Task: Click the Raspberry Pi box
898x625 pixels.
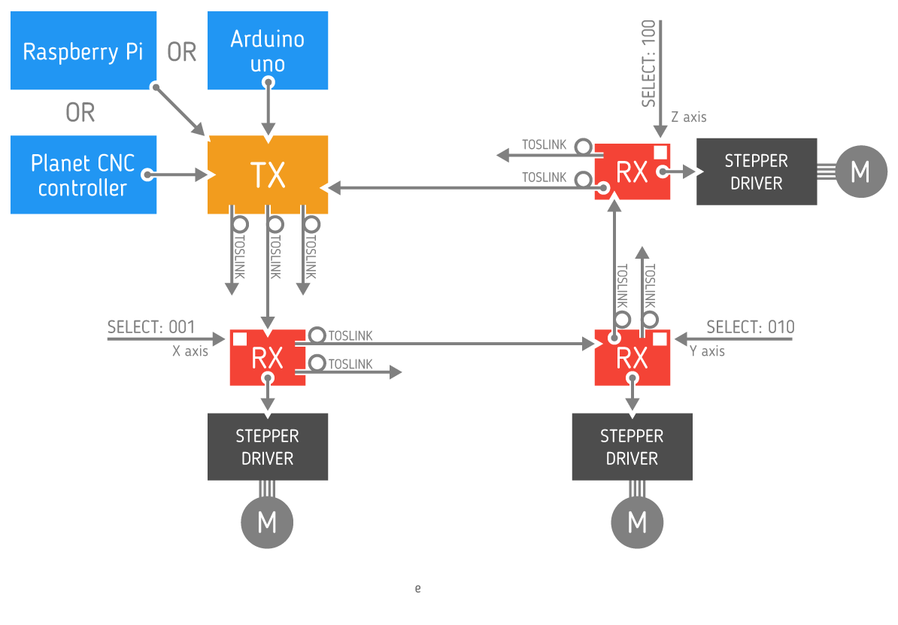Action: click(x=83, y=50)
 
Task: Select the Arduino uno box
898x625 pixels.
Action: click(x=267, y=50)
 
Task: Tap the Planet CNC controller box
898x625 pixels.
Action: click(x=83, y=174)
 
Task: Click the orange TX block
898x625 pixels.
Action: click(x=267, y=174)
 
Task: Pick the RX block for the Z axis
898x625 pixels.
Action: click(x=632, y=172)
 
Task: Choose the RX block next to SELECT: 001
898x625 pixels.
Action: click(x=267, y=358)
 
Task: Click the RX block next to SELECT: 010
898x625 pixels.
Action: click(x=632, y=358)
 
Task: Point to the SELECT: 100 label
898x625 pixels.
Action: click(x=648, y=64)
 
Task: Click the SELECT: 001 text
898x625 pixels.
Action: click(x=151, y=327)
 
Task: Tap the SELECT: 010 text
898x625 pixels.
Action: click(x=751, y=327)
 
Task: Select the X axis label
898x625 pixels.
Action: click(x=190, y=350)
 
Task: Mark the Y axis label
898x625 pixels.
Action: click(x=708, y=350)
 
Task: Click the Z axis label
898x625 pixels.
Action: click(x=689, y=117)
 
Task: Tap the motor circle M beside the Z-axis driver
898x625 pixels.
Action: click(x=860, y=172)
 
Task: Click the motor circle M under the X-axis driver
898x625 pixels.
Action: click(x=267, y=522)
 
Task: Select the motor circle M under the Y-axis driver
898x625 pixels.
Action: click(x=637, y=522)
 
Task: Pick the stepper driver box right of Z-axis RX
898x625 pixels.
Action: click(x=756, y=171)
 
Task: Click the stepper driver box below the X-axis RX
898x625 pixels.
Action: click(x=267, y=447)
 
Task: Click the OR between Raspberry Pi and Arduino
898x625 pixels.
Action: click(x=181, y=52)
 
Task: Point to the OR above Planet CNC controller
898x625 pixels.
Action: click(x=80, y=112)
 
